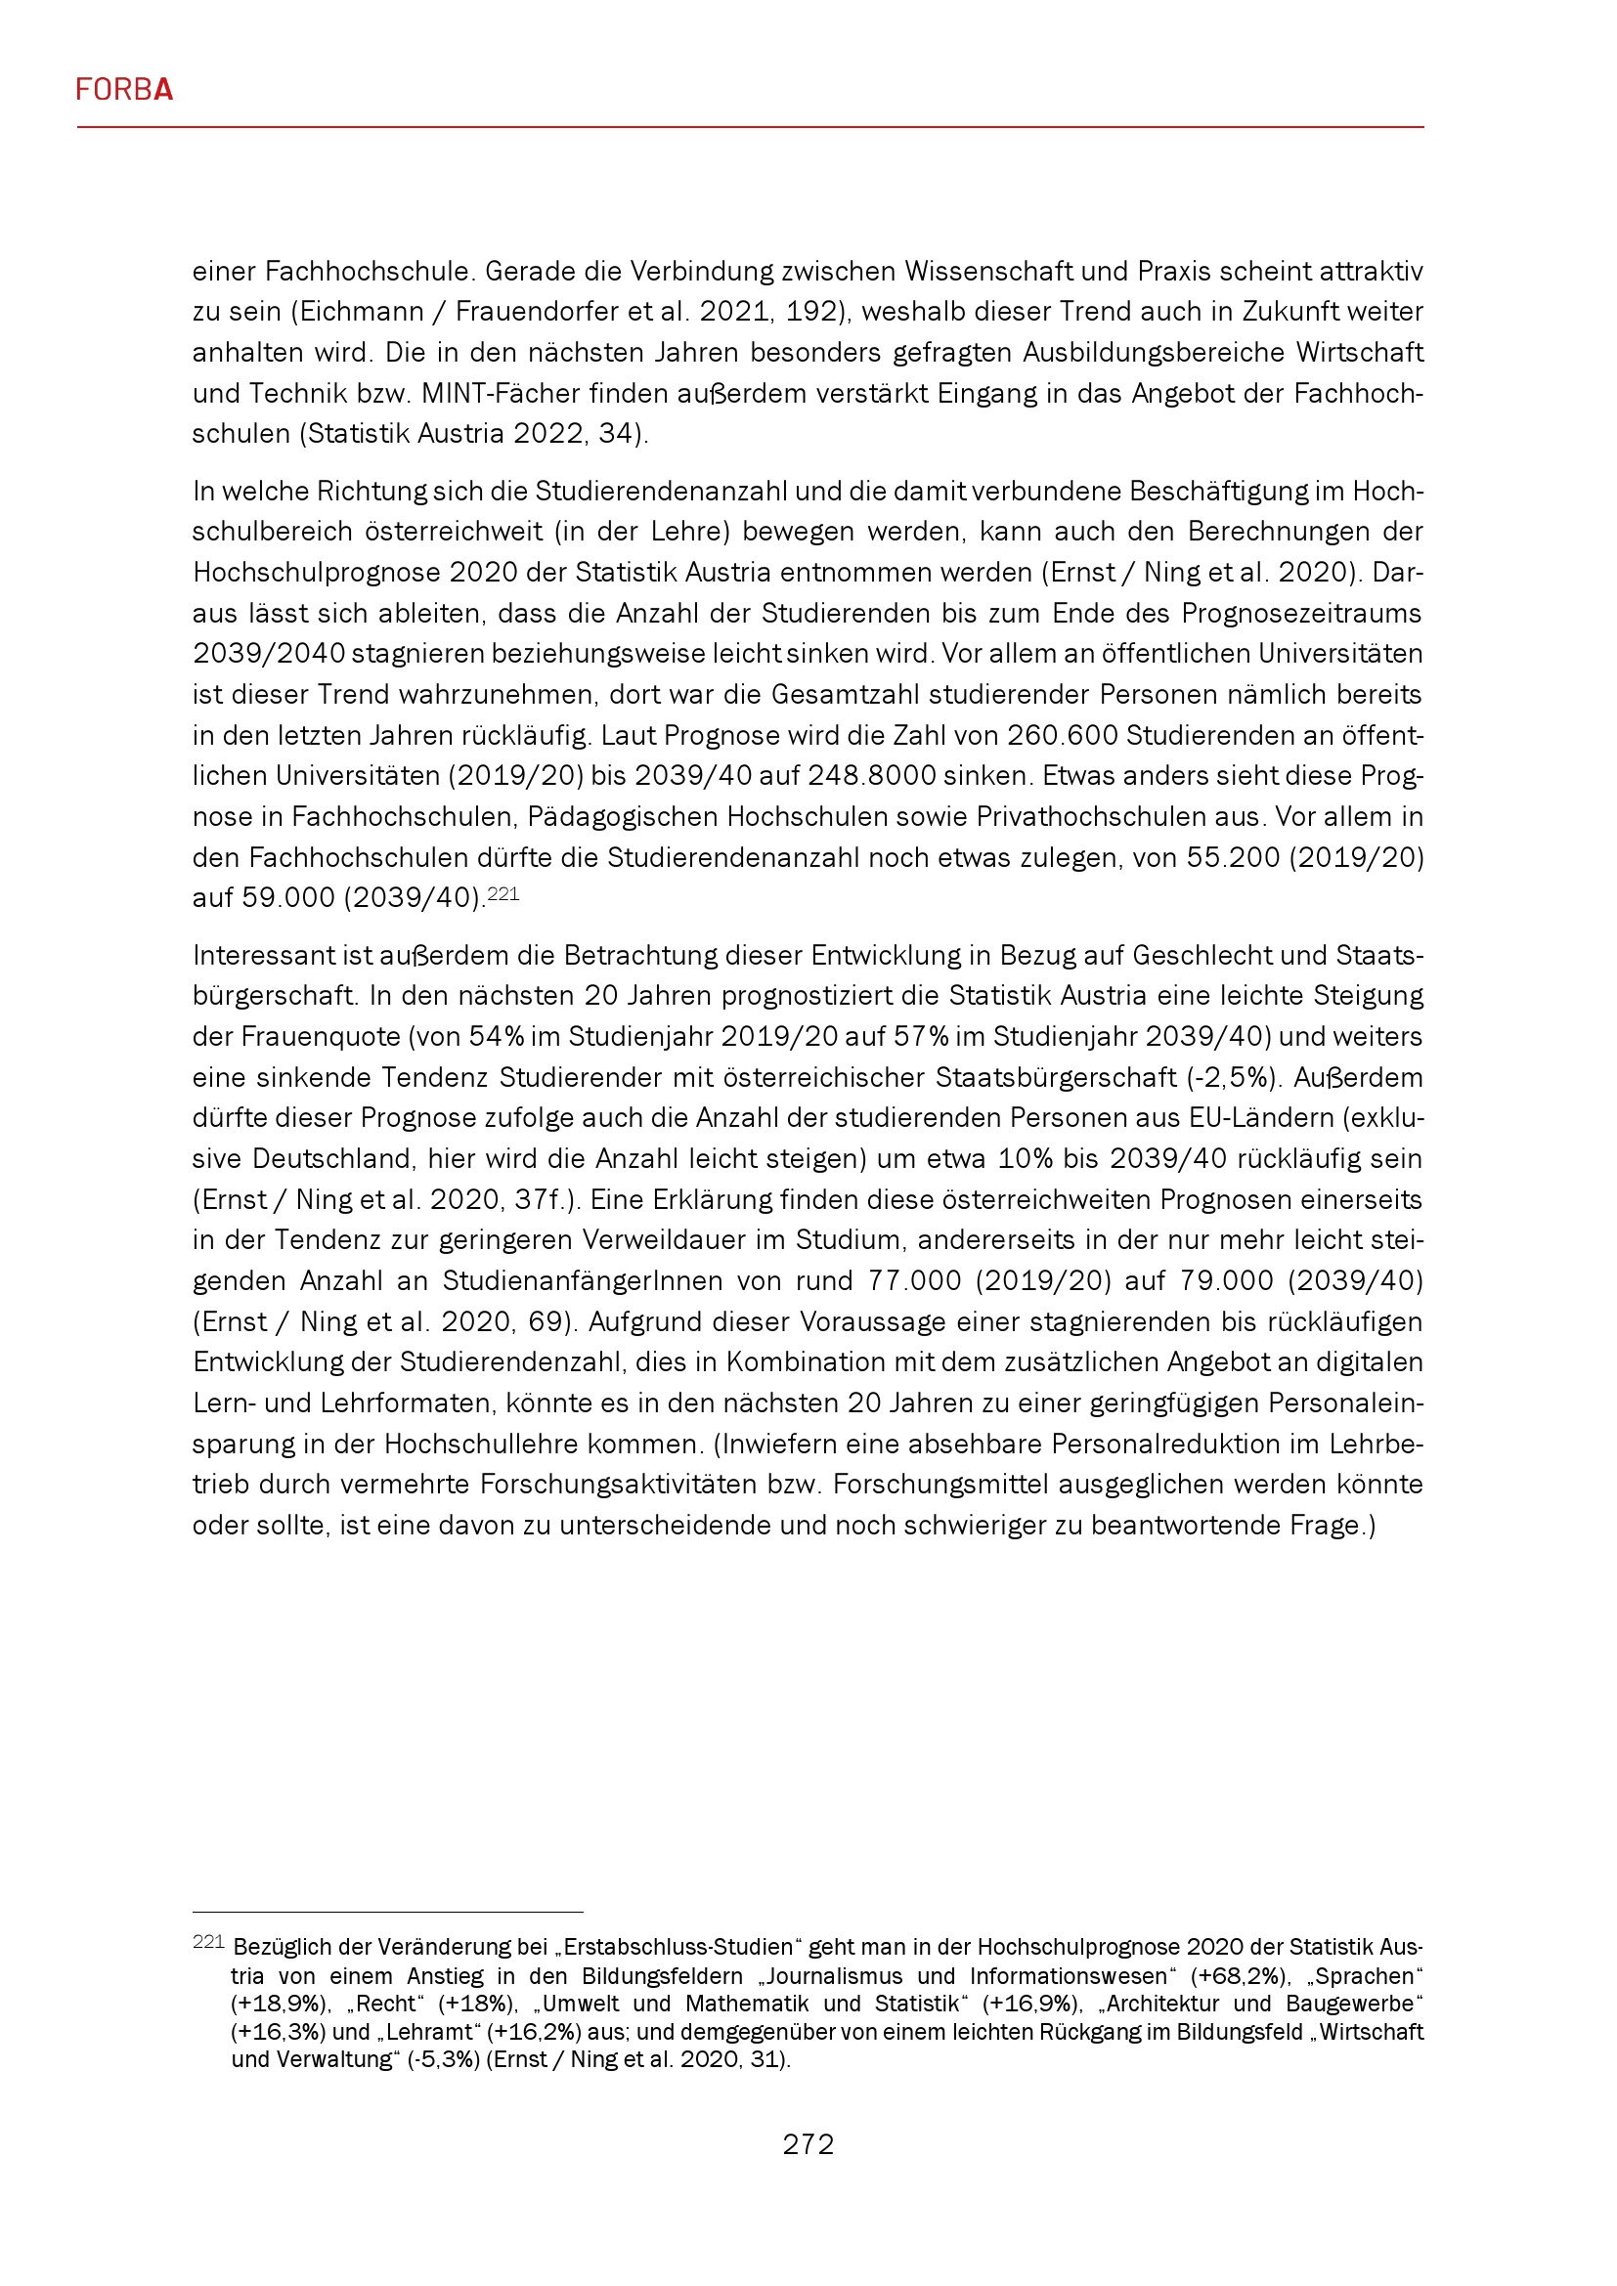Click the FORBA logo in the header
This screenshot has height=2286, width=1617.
click(x=124, y=91)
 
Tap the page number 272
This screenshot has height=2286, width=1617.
click(x=808, y=2143)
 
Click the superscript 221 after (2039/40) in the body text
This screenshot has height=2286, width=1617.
click(x=503, y=893)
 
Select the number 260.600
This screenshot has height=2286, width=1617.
click(x=1064, y=735)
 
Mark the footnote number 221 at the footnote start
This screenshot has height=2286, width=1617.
click(x=208, y=1942)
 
